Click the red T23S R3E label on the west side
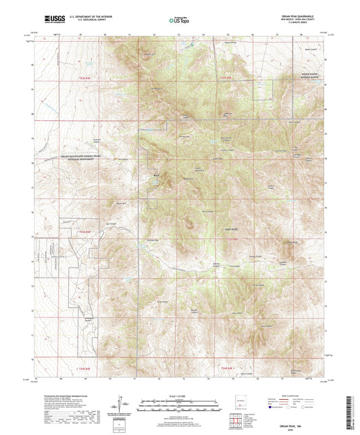80,232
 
